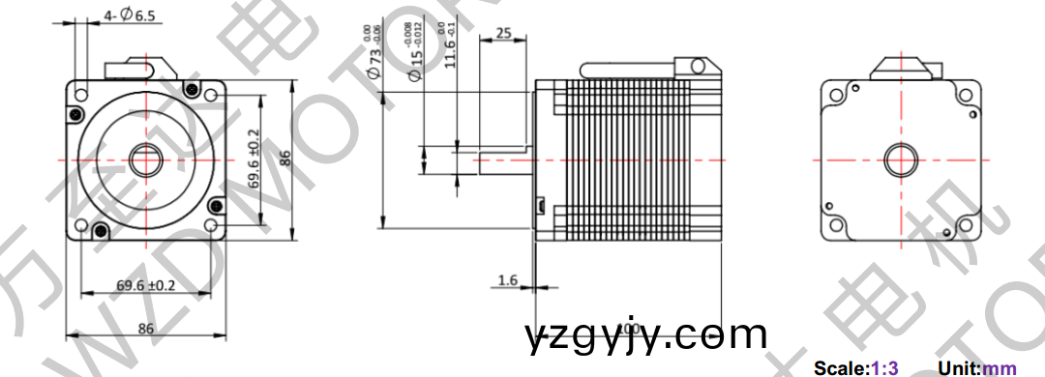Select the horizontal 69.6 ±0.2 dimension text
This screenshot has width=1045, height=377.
[145, 285]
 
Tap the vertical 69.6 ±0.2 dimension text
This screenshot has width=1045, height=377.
[254, 159]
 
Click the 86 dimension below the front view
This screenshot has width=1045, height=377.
[145, 328]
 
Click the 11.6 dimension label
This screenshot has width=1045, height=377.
[449, 47]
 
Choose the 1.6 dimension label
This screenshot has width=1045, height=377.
[507, 280]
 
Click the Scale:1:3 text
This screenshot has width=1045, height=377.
[856, 367]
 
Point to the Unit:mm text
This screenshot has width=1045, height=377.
[977, 367]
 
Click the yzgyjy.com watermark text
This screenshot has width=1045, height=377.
[646, 335]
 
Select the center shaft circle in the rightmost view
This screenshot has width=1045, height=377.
[901, 159]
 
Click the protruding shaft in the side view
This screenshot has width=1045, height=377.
[503, 159]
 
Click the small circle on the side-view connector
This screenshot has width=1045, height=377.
[695, 66]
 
